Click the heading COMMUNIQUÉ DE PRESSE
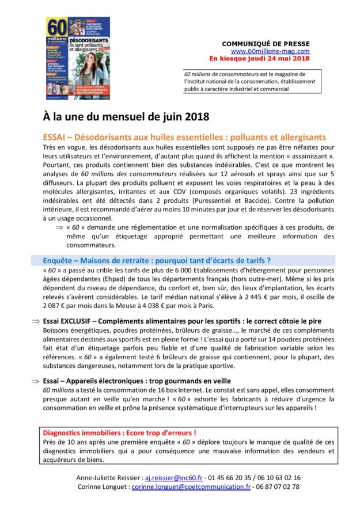click(x=266, y=44)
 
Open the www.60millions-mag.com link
click(x=270, y=51)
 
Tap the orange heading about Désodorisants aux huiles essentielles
click(x=184, y=137)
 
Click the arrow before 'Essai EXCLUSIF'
click(x=36, y=321)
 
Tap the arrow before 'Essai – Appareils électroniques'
click(x=36, y=381)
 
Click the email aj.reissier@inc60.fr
click(x=188, y=478)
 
